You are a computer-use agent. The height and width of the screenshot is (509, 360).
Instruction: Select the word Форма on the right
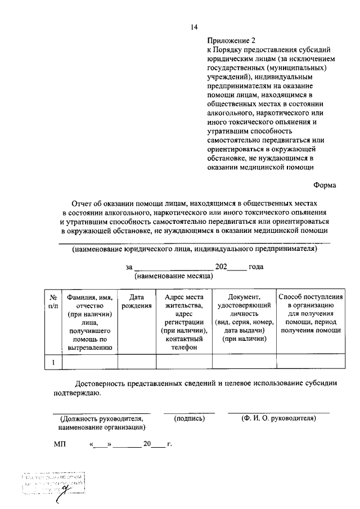click(x=325, y=184)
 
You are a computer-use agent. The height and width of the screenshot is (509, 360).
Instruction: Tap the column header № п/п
click(x=53, y=301)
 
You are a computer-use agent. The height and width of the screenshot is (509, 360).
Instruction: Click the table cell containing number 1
click(x=53, y=363)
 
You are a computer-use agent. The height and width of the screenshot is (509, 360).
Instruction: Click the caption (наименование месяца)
click(x=172, y=277)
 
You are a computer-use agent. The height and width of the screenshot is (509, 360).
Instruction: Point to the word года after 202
click(x=256, y=267)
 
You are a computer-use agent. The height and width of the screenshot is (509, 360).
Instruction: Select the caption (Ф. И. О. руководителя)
click(x=278, y=418)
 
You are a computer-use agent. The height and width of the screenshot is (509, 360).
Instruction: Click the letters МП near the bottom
click(x=60, y=444)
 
